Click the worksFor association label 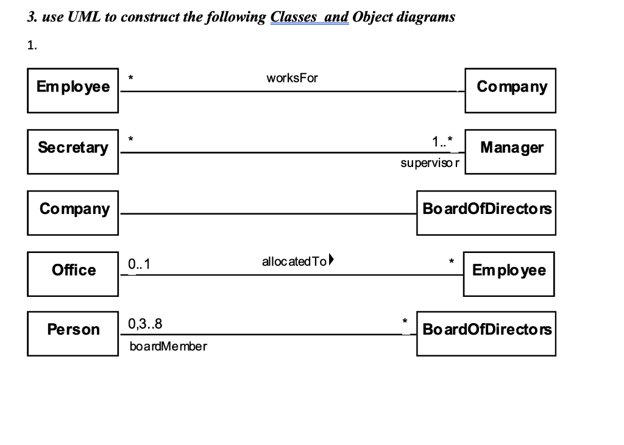tap(292, 79)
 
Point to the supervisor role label tap(430, 163)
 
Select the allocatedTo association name tap(294, 262)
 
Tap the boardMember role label tap(168, 347)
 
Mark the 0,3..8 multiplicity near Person tap(146, 324)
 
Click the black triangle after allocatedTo tap(331, 262)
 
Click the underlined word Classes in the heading tap(295, 16)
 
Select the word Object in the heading tap(372, 16)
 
